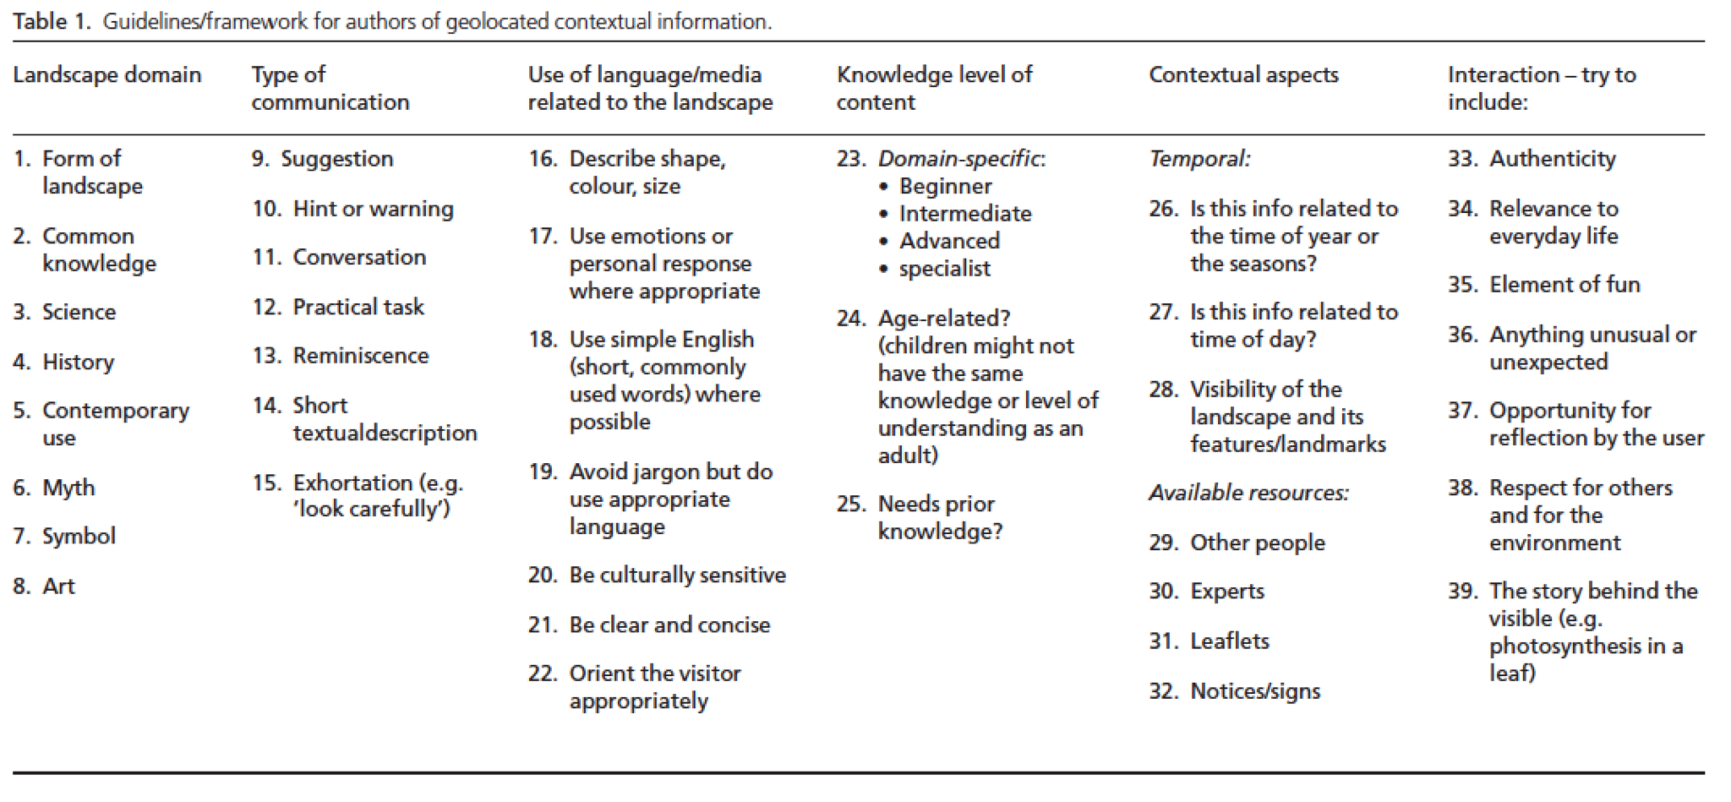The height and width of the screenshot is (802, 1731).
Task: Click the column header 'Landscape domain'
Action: tap(107, 75)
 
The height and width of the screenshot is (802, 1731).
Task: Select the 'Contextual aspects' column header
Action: tap(1243, 75)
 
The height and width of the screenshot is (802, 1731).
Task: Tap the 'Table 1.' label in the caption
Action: tap(51, 21)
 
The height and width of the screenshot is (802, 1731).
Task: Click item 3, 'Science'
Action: tap(79, 312)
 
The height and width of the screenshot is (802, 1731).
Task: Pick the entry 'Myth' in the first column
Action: tap(68, 488)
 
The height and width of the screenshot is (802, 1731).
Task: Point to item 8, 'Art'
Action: tap(58, 586)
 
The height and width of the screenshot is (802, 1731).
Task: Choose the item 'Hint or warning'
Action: tap(373, 209)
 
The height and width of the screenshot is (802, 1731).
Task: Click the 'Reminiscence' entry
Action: tap(360, 356)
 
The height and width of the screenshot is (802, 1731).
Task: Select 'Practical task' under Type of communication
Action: tap(358, 307)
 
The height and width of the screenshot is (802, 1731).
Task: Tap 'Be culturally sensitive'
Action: tap(677, 576)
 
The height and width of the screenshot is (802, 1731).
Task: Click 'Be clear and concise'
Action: tap(669, 625)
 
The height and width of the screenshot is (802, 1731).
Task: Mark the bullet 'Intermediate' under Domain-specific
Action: tap(965, 214)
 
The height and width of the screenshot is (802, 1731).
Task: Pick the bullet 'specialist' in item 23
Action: tap(945, 269)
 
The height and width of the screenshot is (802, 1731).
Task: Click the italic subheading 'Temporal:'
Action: tap(1199, 159)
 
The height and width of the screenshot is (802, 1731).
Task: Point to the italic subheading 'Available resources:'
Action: tap(1248, 493)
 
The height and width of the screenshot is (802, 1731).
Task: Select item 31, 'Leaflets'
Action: tap(1229, 641)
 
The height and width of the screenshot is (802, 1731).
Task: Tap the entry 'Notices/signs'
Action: tap(1255, 691)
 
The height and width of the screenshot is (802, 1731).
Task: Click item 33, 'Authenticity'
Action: tap(1552, 159)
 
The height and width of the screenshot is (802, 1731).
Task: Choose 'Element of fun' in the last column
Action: tap(1564, 285)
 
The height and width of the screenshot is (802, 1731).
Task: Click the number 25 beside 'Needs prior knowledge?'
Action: tap(850, 505)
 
